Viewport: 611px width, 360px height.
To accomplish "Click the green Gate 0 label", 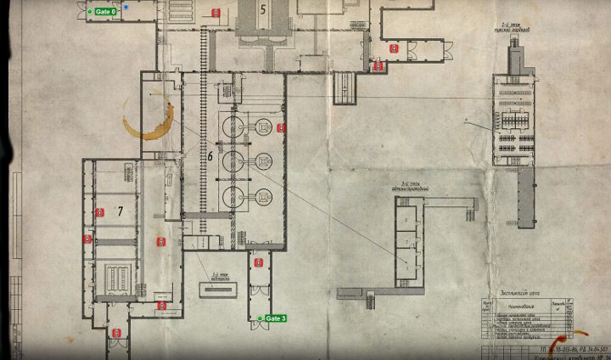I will point(106,12).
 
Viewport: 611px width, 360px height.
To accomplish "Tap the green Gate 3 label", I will point(277,318).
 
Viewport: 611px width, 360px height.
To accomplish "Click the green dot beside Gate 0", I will point(90,12).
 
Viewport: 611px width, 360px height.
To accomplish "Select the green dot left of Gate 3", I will point(261,318).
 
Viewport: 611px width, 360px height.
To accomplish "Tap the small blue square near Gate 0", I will point(126,7).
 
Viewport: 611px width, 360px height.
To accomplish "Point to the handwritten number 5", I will point(263,9).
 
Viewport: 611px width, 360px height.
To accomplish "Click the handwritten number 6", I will point(210,156).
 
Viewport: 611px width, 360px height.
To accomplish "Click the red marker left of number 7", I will point(99,211).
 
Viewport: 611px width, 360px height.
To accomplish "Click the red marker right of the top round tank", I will point(281,128).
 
